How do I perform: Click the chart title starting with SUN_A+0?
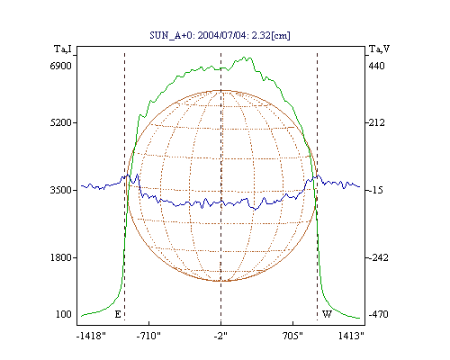pos(220,35)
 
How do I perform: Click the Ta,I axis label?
pos(63,49)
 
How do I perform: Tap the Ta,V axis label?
pos(379,49)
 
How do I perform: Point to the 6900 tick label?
pos(61,66)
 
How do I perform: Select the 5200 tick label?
pos(61,122)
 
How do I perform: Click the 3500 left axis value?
pos(61,190)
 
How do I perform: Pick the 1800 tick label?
pos(61,257)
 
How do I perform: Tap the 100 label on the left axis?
pos(64,314)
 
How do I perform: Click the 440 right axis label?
pos(376,66)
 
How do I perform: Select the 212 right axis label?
pos(376,122)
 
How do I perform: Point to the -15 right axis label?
pos(375,190)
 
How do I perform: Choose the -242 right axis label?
pos(378,257)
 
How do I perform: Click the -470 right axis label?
pos(378,314)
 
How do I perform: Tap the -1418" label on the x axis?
pos(91,336)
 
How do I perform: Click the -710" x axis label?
pos(148,336)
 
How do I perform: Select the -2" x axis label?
pos(220,336)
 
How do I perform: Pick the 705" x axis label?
pos(292,336)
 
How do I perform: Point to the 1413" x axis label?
pos(351,336)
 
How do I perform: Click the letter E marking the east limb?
pos(118,314)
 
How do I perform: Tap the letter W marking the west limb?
pos(327,314)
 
